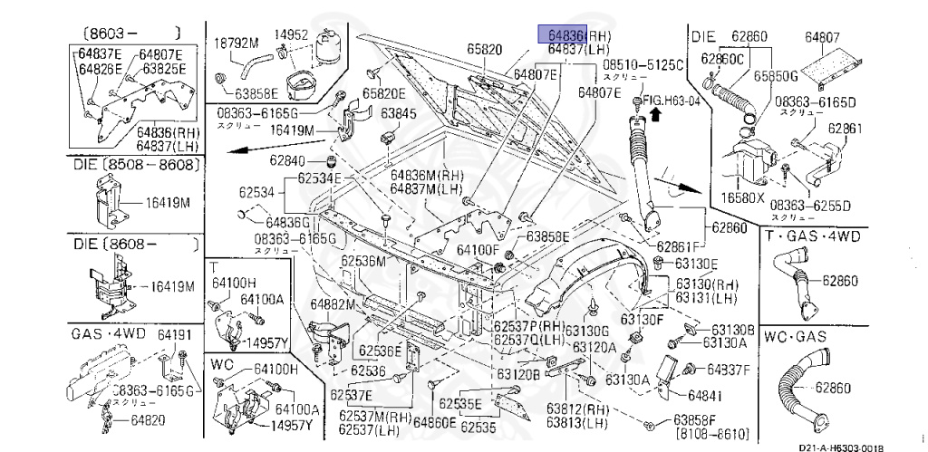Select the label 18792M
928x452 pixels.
pos(236,42)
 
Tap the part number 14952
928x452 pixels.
pos(292,35)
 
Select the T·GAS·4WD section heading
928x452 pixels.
pos(812,237)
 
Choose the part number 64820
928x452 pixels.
pos(147,419)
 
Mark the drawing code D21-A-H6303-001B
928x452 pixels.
pos(841,447)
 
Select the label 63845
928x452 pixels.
pos(398,114)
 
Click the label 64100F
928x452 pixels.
pos(478,248)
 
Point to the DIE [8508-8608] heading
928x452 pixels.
pos(133,165)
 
